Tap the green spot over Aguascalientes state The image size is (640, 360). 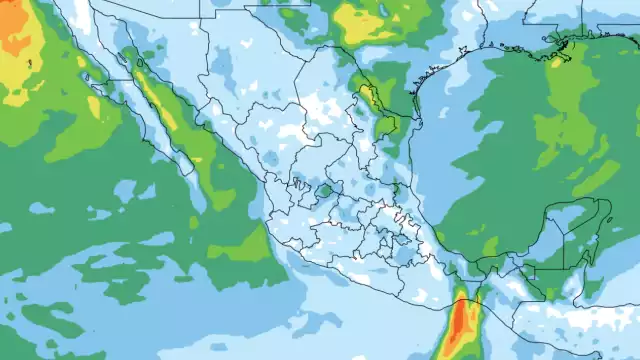click(x=324, y=189)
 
